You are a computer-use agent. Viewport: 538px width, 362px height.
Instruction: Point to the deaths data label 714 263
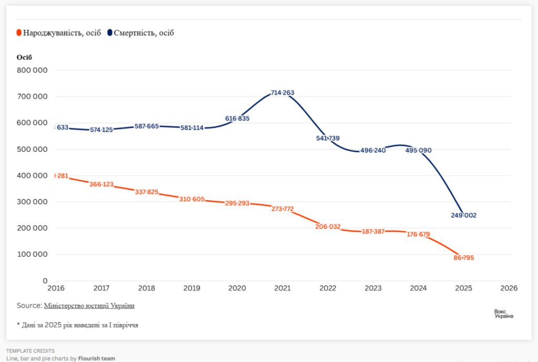pos(283,93)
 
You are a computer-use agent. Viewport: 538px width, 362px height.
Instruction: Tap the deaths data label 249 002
pos(463,215)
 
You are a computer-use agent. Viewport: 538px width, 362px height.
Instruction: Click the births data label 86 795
pos(463,258)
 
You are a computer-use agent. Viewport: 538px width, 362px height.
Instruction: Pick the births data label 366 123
pos(101,184)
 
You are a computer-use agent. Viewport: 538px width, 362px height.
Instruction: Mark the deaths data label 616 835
pos(237,119)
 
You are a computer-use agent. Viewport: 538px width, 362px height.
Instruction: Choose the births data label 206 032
pos(328,227)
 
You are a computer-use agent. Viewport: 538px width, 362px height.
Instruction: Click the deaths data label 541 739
pos(328,138)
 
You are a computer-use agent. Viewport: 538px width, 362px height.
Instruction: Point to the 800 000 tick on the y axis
pos(33,70)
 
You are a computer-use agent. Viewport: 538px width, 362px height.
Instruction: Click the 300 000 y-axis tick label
pos(33,202)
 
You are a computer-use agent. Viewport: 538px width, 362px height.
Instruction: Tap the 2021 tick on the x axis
pos(283,288)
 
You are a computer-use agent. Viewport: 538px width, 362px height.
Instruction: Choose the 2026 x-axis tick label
pos(509,288)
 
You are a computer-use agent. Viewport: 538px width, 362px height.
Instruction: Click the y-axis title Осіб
pos(25,57)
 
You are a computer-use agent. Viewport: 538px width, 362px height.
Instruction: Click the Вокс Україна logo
pos(503,314)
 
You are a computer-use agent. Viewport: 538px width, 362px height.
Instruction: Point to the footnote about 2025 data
pos(77,325)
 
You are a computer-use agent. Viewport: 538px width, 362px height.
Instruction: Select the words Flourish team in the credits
pos(97,358)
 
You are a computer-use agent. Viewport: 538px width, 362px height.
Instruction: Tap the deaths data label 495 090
pos(418,150)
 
